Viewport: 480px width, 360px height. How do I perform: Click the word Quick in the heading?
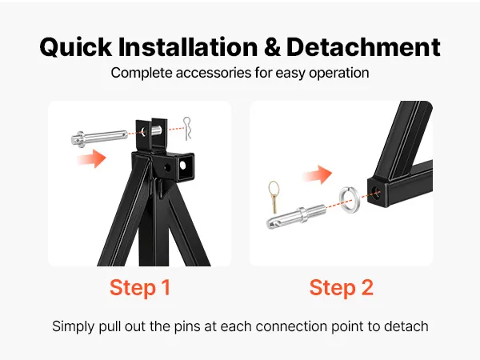pos(76,47)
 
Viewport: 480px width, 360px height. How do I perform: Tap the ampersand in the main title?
pos(272,47)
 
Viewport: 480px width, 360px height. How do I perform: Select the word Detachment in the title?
pos(363,47)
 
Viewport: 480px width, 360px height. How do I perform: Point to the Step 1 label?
pos(140,288)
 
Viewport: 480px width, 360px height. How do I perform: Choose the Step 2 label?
pos(342,288)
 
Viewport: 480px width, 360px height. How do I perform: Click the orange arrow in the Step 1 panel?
pos(91,158)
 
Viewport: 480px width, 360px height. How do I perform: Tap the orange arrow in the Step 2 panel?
pos(318,174)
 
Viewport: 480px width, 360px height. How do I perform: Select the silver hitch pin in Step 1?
pos(100,138)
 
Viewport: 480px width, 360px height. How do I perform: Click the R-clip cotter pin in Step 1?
pos(187,129)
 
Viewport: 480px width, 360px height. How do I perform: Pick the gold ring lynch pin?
pos(274,196)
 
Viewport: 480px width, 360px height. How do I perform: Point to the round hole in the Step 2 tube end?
pos(374,193)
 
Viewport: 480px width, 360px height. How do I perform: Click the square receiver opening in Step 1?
pos(186,166)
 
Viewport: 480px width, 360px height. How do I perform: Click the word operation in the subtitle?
pos(338,73)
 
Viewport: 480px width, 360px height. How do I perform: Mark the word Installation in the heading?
pos(188,47)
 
